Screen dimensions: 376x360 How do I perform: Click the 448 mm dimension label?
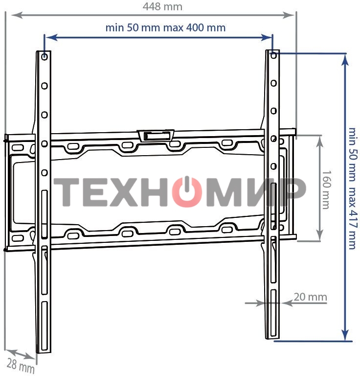click(x=162, y=6)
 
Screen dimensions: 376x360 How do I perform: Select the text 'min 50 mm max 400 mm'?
click(x=165, y=27)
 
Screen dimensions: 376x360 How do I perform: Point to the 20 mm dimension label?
click(x=310, y=297)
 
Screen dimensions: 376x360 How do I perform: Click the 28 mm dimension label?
click(x=21, y=365)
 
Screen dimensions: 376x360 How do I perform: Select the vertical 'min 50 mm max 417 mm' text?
click(x=352, y=188)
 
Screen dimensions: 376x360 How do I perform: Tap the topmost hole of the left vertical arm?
click(x=45, y=57)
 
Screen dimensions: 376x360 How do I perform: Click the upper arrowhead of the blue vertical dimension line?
click(x=346, y=59)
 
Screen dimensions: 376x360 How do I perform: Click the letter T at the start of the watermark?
click(x=67, y=191)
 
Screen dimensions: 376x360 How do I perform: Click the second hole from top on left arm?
click(x=45, y=86)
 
